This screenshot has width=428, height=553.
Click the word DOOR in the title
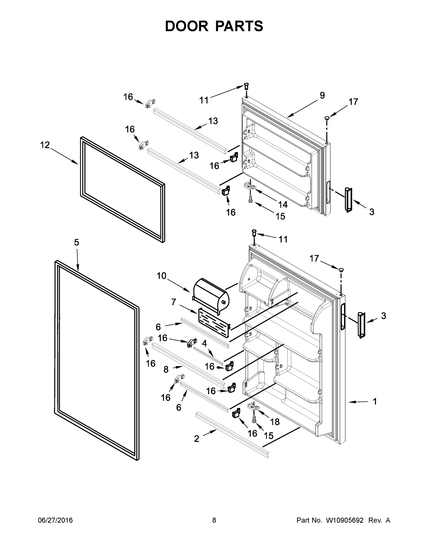tap(187, 26)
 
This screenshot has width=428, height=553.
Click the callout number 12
tap(45, 145)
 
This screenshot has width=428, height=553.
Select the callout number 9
tap(322, 95)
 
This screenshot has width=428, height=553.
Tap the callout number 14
tap(283, 204)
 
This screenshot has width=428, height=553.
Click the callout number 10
tap(161, 276)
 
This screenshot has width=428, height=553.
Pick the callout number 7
tap(174, 302)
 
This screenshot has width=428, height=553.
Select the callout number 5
tap(77, 242)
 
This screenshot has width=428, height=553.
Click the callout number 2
tap(197, 439)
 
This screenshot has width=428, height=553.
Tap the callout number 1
tap(375, 401)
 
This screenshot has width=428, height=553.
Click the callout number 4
tap(204, 344)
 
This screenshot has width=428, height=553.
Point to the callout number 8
tap(166, 370)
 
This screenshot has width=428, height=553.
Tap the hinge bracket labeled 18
tap(254, 406)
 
